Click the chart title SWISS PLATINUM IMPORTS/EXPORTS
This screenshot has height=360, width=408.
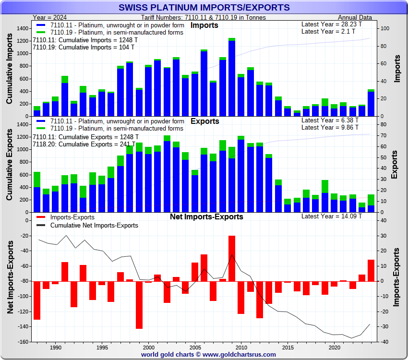click(204, 7)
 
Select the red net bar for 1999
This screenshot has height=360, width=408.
click(139, 305)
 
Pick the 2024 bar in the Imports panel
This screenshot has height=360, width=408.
click(371, 103)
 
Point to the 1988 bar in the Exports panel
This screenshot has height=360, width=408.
click(37, 192)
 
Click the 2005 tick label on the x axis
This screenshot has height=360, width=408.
click(195, 347)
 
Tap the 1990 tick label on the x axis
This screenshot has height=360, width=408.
click(55, 347)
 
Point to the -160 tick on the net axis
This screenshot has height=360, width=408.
click(22, 342)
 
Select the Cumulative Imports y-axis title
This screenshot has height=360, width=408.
click(10, 72)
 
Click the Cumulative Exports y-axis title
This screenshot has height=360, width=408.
click(10, 168)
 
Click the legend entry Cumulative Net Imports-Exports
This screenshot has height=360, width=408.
click(94, 225)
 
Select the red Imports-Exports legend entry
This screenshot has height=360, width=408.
click(72, 217)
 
